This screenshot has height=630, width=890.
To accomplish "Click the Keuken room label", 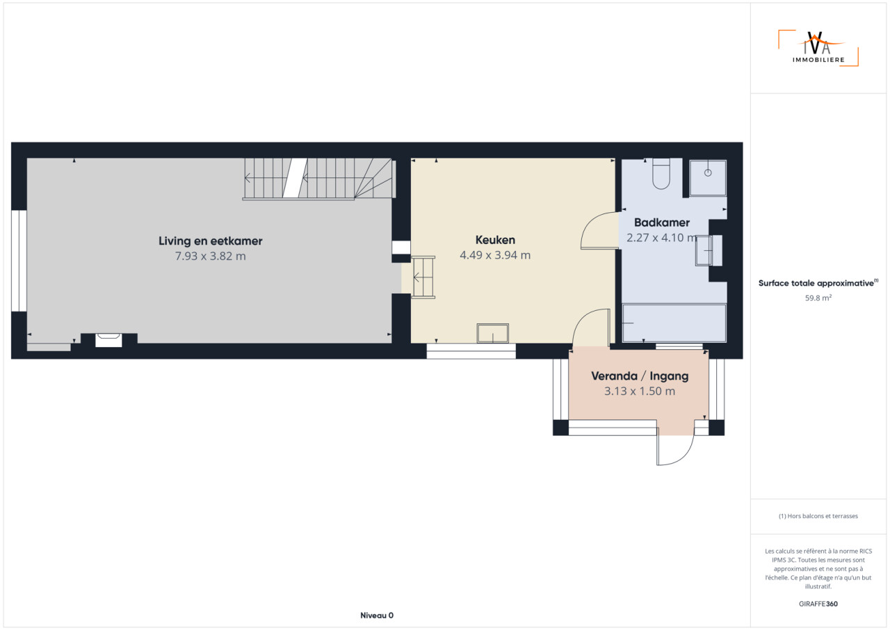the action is click(x=495, y=240).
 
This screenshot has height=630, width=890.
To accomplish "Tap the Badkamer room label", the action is click(x=661, y=223).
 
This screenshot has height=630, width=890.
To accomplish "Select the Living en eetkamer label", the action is click(x=210, y=241).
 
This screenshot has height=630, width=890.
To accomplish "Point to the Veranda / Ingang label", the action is click(x=639, y=375).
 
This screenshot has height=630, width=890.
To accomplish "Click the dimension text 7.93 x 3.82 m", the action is click(x=210, y=256).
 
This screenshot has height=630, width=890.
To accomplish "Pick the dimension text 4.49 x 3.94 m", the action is click(x=495, y=255).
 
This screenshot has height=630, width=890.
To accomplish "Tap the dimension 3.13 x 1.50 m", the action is click(x=639, y=391).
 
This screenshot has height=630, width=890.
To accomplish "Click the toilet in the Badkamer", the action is click(x=661, y=174).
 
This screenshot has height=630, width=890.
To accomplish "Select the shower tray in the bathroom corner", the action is click(x=708, y=177).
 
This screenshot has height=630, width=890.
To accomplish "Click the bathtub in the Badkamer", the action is click(x=674, y=323).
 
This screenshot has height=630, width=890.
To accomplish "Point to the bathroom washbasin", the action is click(x=709, y=250).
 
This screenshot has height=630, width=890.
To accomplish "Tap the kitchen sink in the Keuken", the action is click(x=493, y=333).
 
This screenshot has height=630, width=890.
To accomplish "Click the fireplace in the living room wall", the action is click(x=108, y=340).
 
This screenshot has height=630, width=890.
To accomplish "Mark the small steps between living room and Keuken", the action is click(x=423, y=277).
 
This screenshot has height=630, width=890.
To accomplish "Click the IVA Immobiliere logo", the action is click(x=818, y=48).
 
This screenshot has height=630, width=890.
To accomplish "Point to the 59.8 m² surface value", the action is click(x=818, y=298).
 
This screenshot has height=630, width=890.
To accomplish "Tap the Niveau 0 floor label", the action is click(x=377, y=615).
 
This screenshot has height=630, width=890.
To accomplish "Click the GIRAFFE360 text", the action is click(x=818, y=604).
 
